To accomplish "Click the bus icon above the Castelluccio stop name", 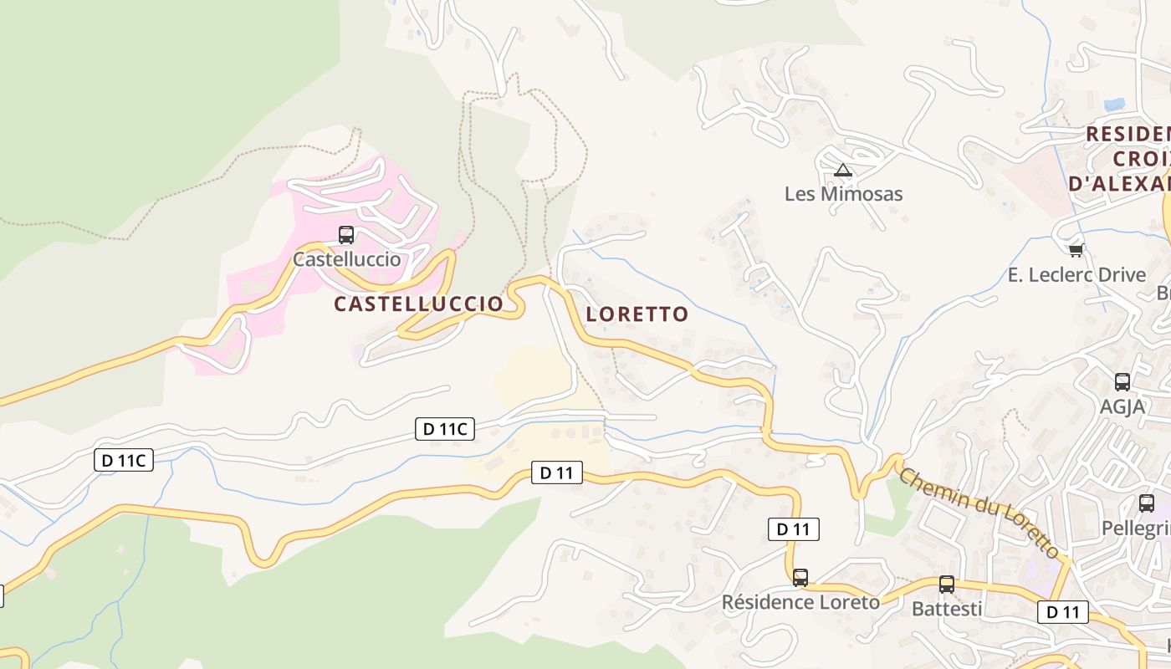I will pyautogui.click(x=346, y=235).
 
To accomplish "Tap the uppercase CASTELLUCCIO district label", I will pyautogui.click(x=418, y=304).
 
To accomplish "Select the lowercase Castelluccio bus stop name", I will pyautogui.click(x=346, y=259).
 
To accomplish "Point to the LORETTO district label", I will pyautogui.click(x=637, y=314).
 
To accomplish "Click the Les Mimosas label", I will pyautogui.click(x=843, y=194).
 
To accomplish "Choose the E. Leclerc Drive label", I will pyautogui.click(x=1076, y=274).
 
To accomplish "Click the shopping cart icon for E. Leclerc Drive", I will pyautogui.click(x=1076, y=250).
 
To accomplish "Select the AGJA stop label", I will pyautogui.click(x=1122, y=406).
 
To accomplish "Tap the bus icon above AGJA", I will pyautogui.click(x=1122, y=382).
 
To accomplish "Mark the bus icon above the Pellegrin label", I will pyautogui.click(x=1146, y=503).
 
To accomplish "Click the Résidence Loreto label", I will pyautogui.click(x=800, y=602).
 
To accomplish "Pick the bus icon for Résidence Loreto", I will pyautogui.click(x=800, y=577).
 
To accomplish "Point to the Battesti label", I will pyautogui.click(x=947, y=609).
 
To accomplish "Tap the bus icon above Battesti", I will pyautogui.click(x=946, y=585).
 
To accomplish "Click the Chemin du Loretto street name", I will pyautogui.click(x=979, y=513).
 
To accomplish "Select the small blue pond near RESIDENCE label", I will pyautogui.click(x=1114, y=105).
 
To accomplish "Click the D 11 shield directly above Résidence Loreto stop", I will pyautogui.click(x=793, y=529).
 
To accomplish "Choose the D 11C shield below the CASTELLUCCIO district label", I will pyautogui.click(x=445, y=430).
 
